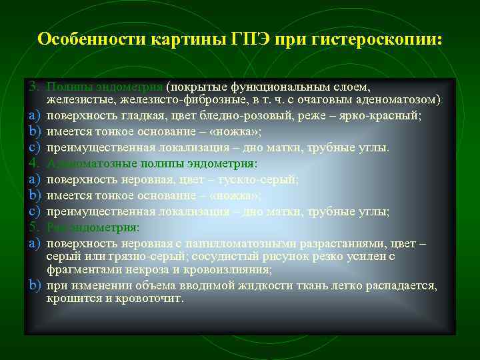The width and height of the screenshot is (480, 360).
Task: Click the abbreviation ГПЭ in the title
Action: coord(254,39)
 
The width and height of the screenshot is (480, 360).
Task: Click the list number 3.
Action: coord(34,87)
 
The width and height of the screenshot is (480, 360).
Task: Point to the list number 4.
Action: coord(34,163)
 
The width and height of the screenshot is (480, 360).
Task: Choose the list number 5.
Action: coord(34,227)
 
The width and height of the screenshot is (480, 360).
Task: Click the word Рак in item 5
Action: coord(56,227)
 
